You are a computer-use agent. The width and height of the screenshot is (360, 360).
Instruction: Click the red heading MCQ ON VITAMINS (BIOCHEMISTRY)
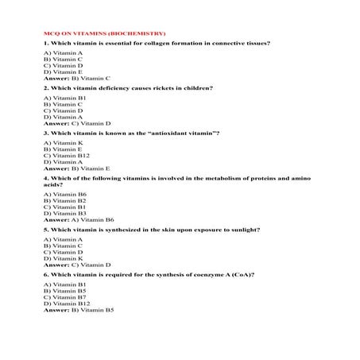click(x=104, y=33)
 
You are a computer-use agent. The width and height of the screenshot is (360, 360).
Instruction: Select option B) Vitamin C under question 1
click(x=63, y=59)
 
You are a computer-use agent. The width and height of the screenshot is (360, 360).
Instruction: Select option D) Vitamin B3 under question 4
click(x=64, y=213)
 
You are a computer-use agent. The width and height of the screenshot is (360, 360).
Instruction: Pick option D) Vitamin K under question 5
click(x=63, y=258)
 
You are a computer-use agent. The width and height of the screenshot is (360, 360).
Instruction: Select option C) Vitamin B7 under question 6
click(x=64, y=297)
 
